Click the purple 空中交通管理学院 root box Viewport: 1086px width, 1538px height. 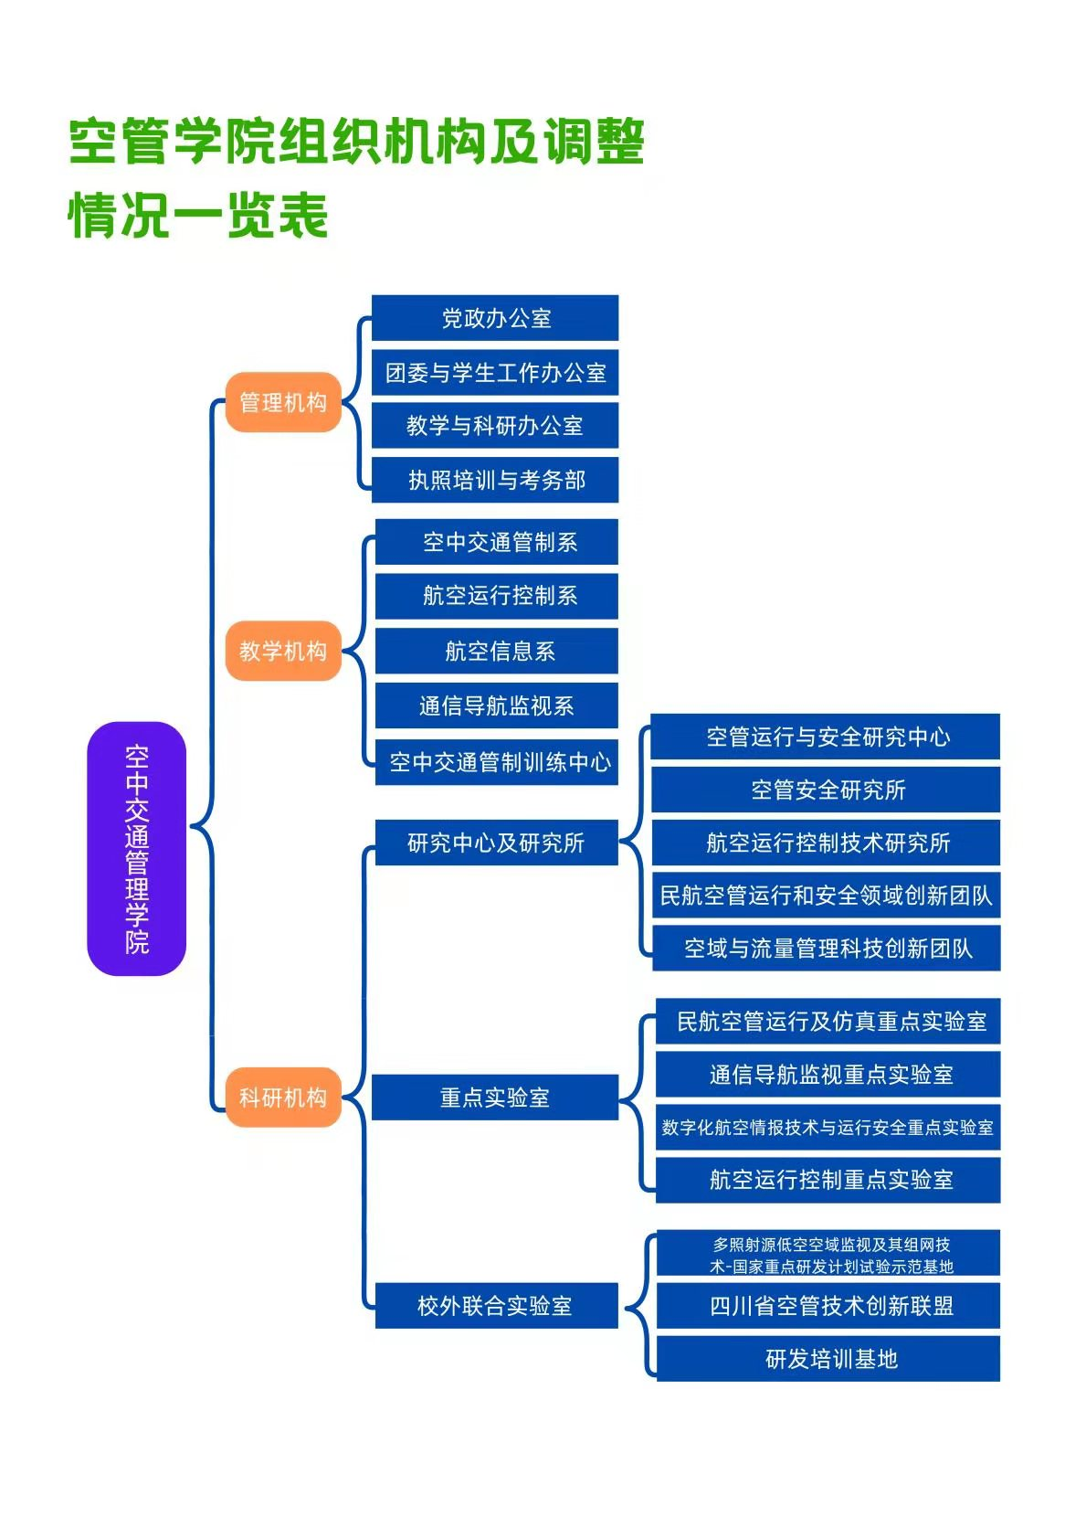click(136, 848)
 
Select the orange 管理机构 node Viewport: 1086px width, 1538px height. click(283, 402)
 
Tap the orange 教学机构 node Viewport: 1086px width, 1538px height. click(283, 651)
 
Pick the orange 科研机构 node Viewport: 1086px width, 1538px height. click(283, 1097)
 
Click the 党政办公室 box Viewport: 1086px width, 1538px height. click(495, 318)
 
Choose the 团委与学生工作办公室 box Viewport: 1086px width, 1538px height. click(495, 372)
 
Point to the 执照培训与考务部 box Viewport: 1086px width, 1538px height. click(495, 480)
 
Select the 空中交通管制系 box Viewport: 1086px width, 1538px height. click(497, 542)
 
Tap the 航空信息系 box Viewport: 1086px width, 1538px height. click(497, 651)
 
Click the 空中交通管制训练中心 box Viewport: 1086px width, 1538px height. click(497, 761)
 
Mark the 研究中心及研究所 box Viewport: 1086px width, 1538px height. click(495, 843)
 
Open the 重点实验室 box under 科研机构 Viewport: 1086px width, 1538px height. click(495, 1097)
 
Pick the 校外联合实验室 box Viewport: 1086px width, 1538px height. click(495, 1305)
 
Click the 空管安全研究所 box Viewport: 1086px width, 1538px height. click(827, 790)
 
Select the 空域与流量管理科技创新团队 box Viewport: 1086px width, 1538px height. click(827, 948)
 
